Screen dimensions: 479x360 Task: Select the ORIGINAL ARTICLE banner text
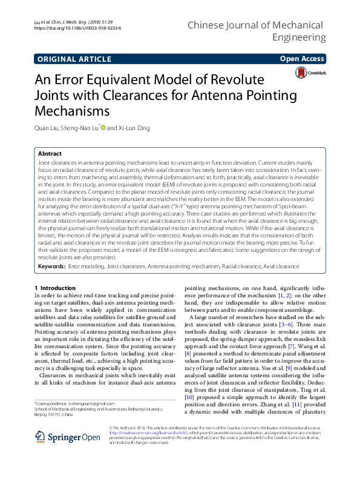click(x=74, y=59)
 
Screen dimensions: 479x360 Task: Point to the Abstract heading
click(x=50, y=154)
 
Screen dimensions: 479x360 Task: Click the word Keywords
click(x=51, y=266)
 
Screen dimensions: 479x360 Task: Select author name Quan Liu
click(x=47, y=128)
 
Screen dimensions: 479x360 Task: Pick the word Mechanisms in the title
click(x=71, y=111)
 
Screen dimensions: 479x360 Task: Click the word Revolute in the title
click(x=226, y=80)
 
